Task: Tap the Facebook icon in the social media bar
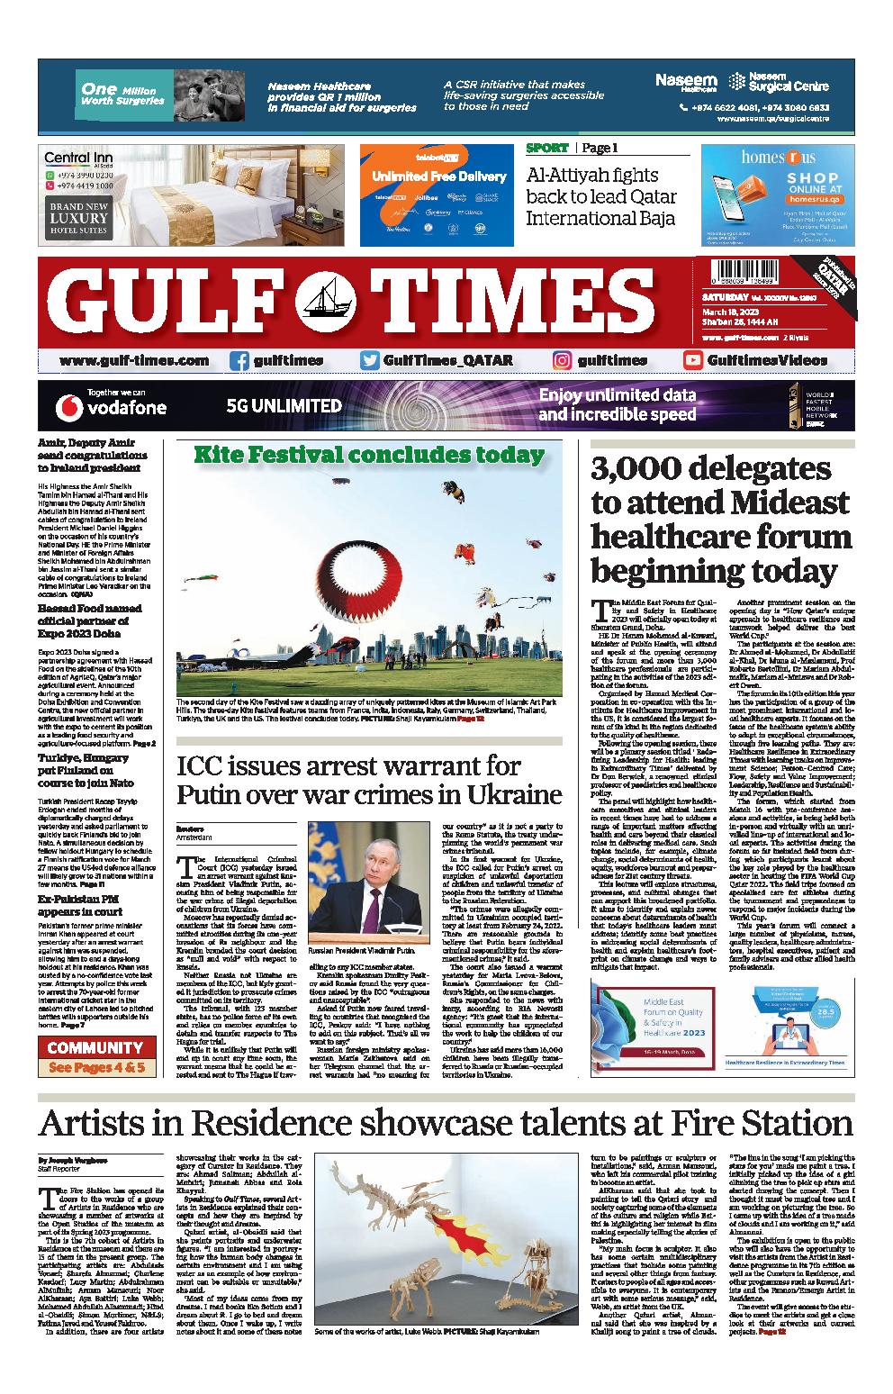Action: [239, 360]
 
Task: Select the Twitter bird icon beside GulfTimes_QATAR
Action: [369, 360]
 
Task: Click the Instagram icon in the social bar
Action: [563, 360]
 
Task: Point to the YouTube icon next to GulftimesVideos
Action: [693, 360]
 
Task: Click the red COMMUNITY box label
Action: [95, 1047]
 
